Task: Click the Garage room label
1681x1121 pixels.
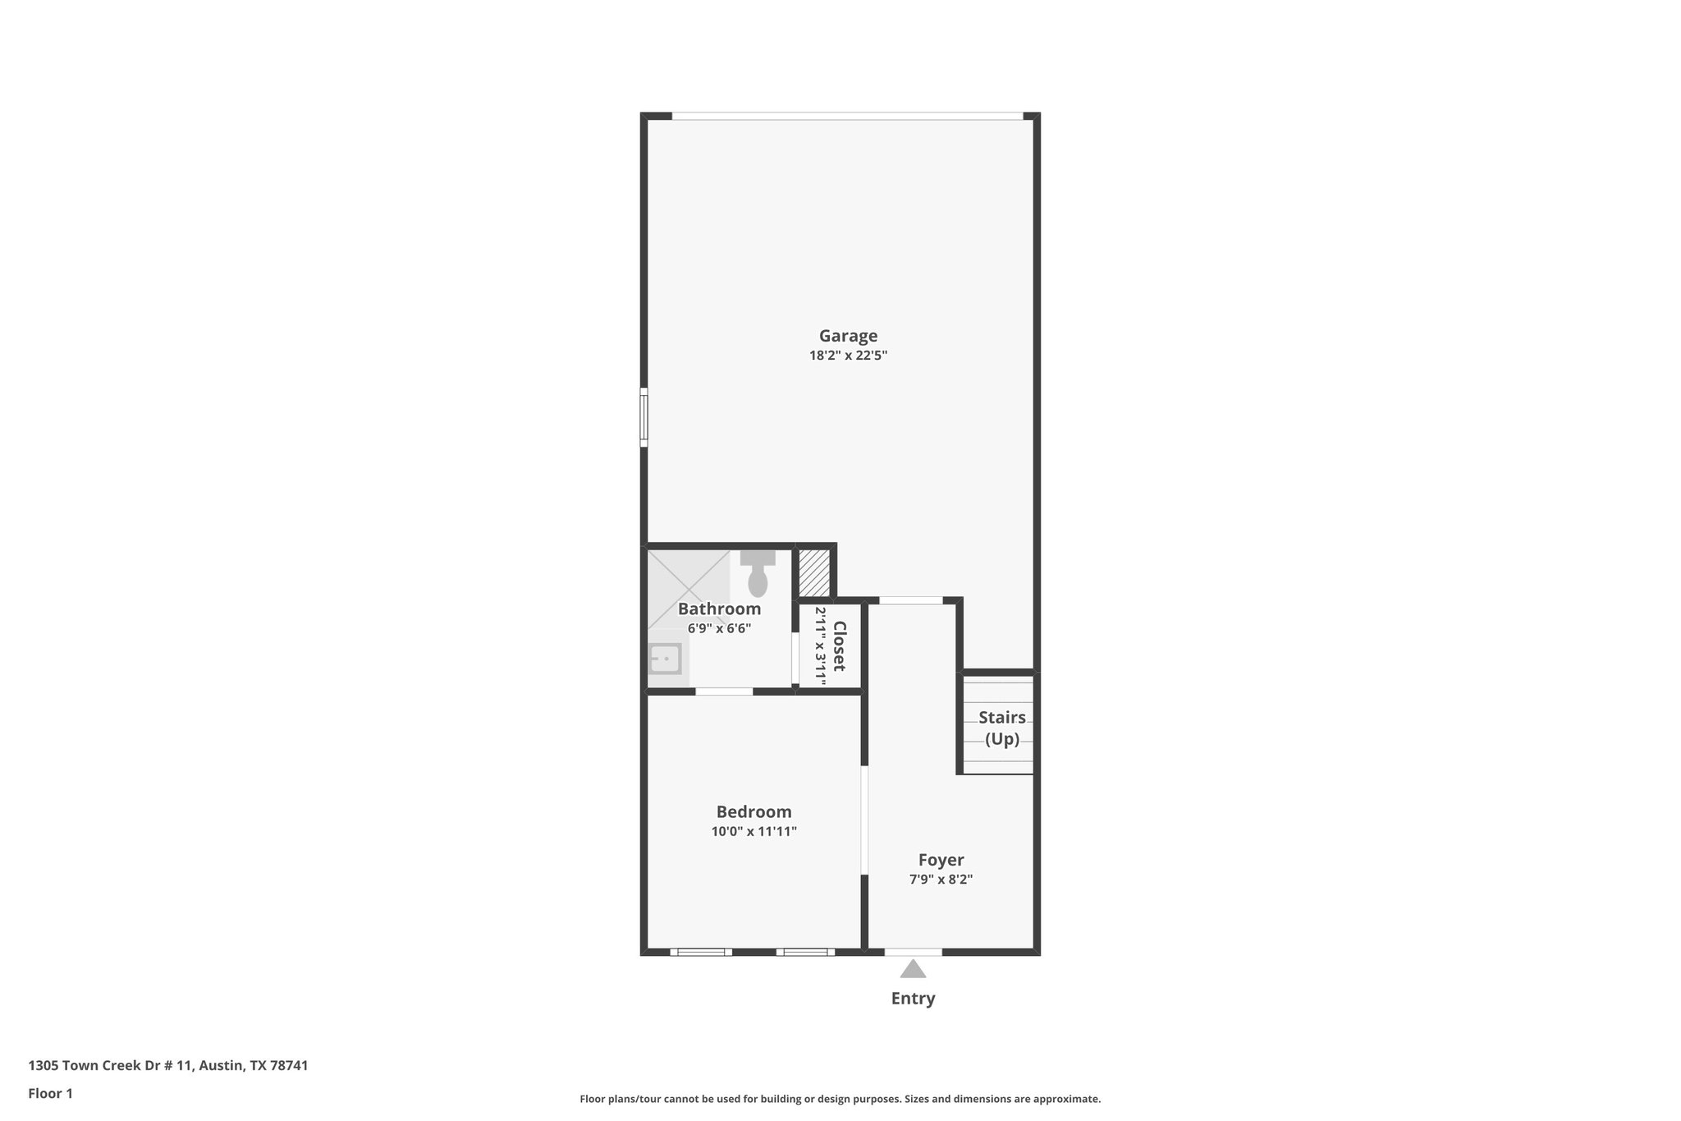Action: [848, 336]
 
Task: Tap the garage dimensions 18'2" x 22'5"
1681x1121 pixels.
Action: [848, 356]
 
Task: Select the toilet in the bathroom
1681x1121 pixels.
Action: [758, 575]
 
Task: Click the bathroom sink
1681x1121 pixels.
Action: [665, 659]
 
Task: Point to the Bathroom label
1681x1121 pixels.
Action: [719, 609]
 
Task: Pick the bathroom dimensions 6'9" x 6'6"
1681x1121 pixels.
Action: [719, 629]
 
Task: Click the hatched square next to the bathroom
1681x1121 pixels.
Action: [814, 572]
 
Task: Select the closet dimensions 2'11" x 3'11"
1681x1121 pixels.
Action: [820, 646]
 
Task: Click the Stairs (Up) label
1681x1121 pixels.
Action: [1001, 728]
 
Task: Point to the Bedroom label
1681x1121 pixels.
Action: [753, 812]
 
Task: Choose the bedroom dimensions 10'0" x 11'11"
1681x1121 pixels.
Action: [753, 832]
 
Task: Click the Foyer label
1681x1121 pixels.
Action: [941, 860]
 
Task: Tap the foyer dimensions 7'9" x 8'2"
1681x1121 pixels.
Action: [941, 880]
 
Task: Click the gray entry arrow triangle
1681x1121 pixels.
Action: [913, 970]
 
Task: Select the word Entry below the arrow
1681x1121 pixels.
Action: [913, 999]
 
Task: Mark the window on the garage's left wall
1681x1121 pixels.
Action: [644, 417]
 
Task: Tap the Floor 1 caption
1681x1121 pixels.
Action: [51, 1094]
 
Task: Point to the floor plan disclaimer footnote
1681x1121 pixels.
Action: [840, 1099]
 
